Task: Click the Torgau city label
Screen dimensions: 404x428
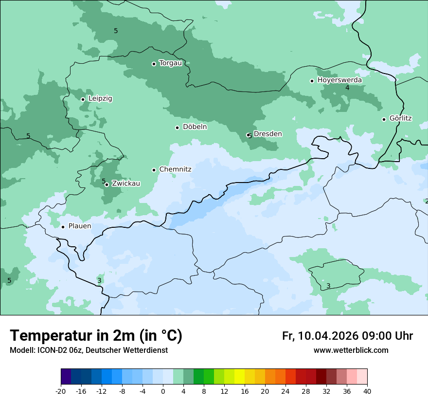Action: tap(170, 63)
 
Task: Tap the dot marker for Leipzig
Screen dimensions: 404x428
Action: tap(83, 99)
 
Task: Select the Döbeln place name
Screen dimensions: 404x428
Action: tap(195, 127)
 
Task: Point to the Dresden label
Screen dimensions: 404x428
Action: tap(267, 134)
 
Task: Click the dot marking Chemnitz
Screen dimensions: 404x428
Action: tap(154, 170)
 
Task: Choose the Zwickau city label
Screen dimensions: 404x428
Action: tap(126, 184)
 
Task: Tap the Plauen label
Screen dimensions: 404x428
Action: tap(79, 226)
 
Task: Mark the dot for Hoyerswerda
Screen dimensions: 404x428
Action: tap(312, 81)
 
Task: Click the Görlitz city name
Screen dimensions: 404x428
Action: tap(400, 118)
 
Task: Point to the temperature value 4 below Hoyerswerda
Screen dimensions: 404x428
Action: tap(347, 88)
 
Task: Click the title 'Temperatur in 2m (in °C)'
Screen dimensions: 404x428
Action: tap(96, 335)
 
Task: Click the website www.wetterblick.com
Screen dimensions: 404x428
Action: tap(351, 350)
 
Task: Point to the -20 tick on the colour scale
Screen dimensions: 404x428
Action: tap(61, 391)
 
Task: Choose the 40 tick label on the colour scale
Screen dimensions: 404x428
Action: tap(367, 391)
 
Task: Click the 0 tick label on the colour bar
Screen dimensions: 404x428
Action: tap(163, 391)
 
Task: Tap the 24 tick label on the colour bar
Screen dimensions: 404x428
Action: tap(285, 391)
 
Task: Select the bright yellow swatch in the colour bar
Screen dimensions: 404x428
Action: tap(239, 377)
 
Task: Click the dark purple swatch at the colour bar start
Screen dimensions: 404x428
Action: tap(66, 377)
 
